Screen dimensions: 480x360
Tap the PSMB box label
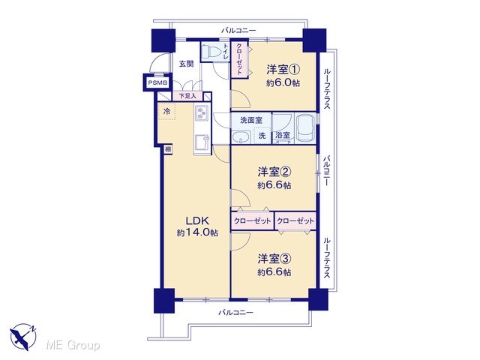[x=157, y=82]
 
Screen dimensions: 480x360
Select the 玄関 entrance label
[x=186, y=64]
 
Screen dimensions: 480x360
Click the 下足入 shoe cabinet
[x=187, y=96]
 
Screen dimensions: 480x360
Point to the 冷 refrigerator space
[x=166, y=112]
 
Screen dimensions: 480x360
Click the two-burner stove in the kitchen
[x=202, y=112]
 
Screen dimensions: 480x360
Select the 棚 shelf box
[x=168, y=150]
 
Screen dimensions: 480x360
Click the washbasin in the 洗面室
[x=241, y=137]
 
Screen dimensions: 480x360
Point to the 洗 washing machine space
[x=262, y=136]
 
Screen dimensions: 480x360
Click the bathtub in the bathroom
[x=306, y=128]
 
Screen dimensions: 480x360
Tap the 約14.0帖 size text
[x=197, y=233]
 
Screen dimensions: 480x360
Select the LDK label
[x=197, y=220]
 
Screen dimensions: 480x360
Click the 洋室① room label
[x=283, y=70]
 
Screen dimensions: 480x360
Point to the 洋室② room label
[x=274, y=172]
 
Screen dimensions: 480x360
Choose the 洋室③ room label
[x=274, y=259]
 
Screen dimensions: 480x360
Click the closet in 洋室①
[x=240, y=59]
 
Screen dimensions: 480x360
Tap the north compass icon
[x=23, y=337]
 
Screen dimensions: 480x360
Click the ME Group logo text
[x=73, y=346]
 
